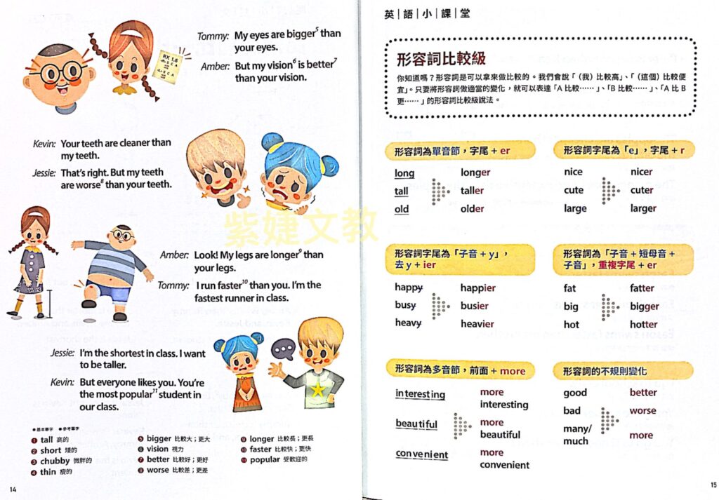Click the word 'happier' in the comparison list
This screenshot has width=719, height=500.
click(x=478, y=288)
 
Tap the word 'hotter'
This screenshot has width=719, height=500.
click(x=643, y=325)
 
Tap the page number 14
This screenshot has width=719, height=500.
click(x=13, y=488)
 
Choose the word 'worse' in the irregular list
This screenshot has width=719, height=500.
click(x=642, y=411)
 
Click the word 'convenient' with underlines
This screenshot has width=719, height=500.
click(x=421, y=454)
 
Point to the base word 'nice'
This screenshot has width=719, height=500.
click(x=573, y=172)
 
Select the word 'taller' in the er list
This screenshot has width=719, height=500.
click(x=472, y=190)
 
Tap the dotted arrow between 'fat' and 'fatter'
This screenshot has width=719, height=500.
click(x=609, y=306)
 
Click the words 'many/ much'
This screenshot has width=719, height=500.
click(x=576, y=435)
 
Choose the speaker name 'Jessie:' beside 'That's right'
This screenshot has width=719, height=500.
click(x=44, y=173)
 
